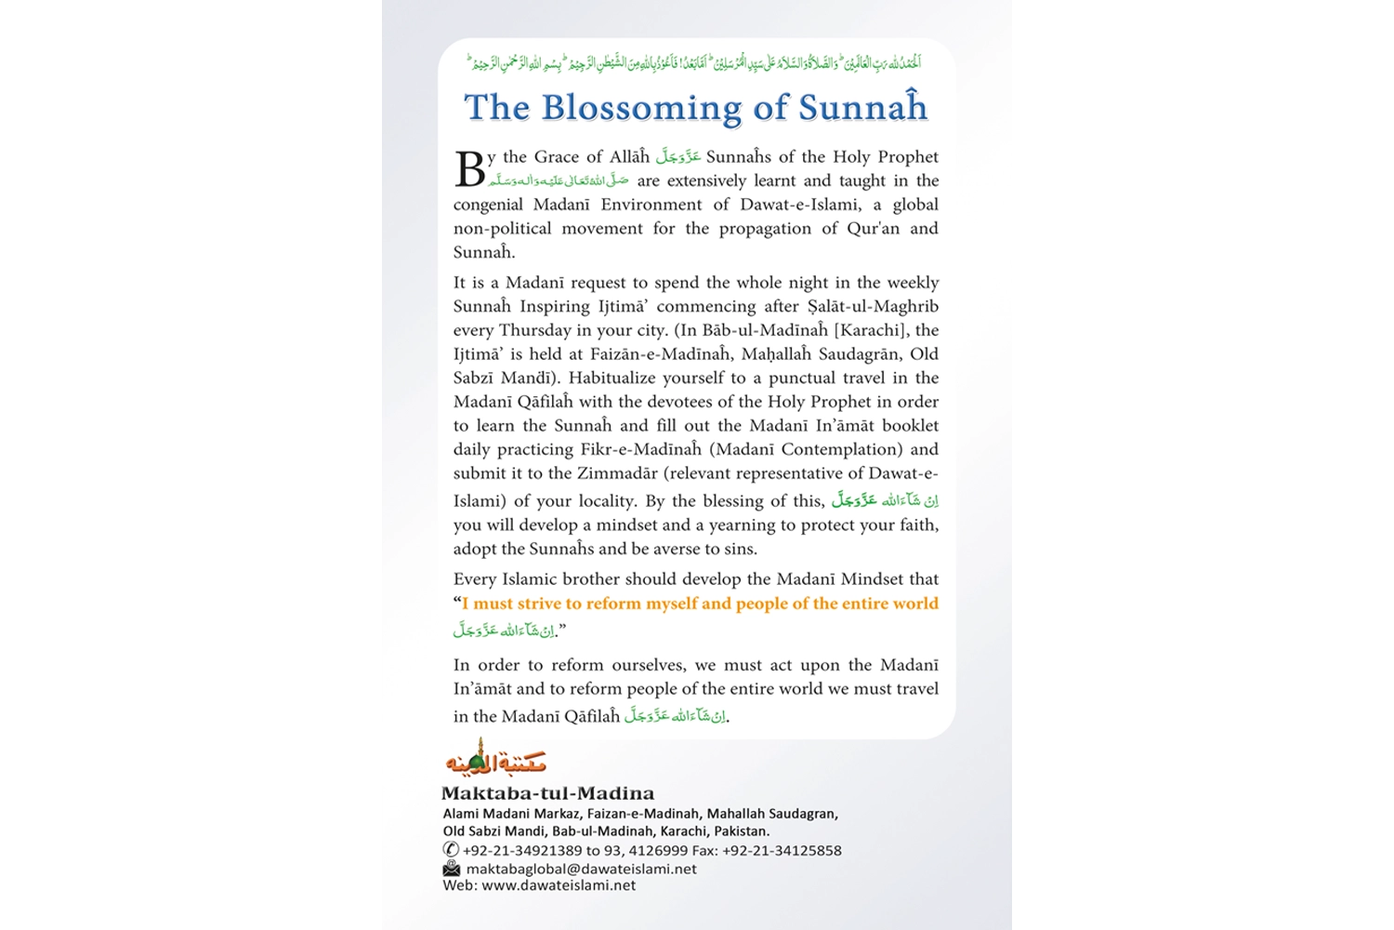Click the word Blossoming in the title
[x=642, y=109]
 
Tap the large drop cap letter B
[x=469, y=169]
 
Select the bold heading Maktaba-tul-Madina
[x=547, y=793]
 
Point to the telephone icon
[x=451, y=849]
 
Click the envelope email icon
[x=452, y=868]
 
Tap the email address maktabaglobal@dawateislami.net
[x=581, y=869]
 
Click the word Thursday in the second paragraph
[x=534, y=330]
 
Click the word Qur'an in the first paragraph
[x=873, y=229]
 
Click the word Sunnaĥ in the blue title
[x=863, y=109]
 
